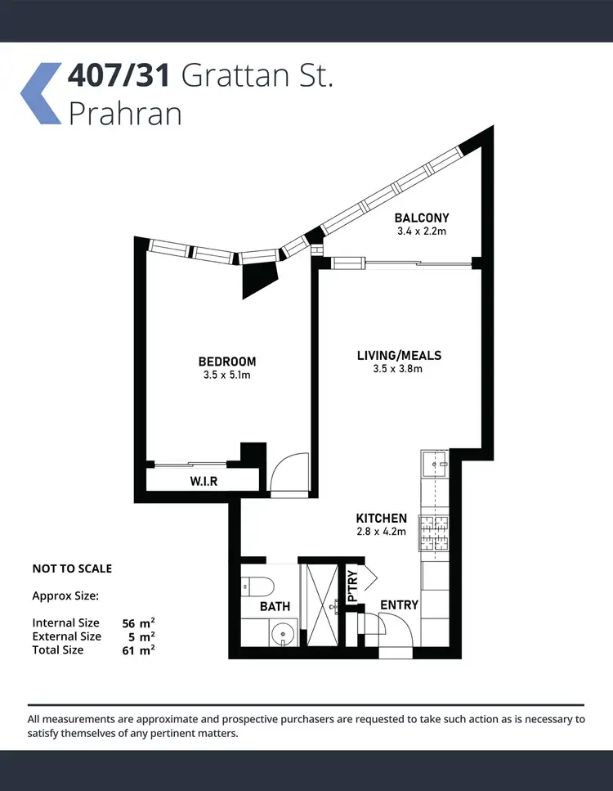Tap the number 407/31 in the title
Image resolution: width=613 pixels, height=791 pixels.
click(119, 76)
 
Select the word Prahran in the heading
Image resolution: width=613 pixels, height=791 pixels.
click(125, 113)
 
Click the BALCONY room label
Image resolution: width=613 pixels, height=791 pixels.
click(422, 218)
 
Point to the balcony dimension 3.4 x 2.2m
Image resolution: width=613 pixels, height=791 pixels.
click(422, 231)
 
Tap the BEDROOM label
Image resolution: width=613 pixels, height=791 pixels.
click(227, 362)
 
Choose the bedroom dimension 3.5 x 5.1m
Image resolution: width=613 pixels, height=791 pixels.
click(227, 375)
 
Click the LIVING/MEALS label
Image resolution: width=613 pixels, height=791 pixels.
click(399, 355)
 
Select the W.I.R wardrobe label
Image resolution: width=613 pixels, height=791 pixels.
click(204, 481)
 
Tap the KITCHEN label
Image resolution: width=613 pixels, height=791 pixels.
click(381, 519)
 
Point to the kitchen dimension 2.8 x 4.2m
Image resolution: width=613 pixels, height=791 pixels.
click(381, 532)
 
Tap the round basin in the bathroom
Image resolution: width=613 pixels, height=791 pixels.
click(284, 632)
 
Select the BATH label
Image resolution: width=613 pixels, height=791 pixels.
click(275, 606)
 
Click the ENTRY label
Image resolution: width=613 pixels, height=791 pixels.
click(400, 605)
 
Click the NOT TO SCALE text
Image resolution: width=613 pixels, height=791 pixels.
click(72, 569)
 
